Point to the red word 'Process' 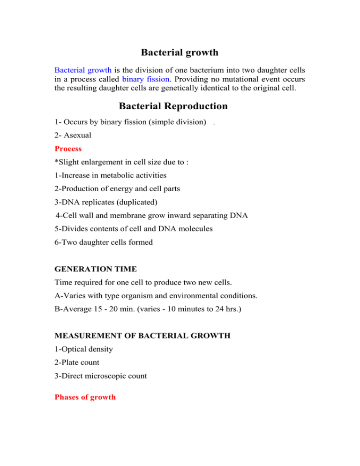pyautogui.click(x=68, y=149)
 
